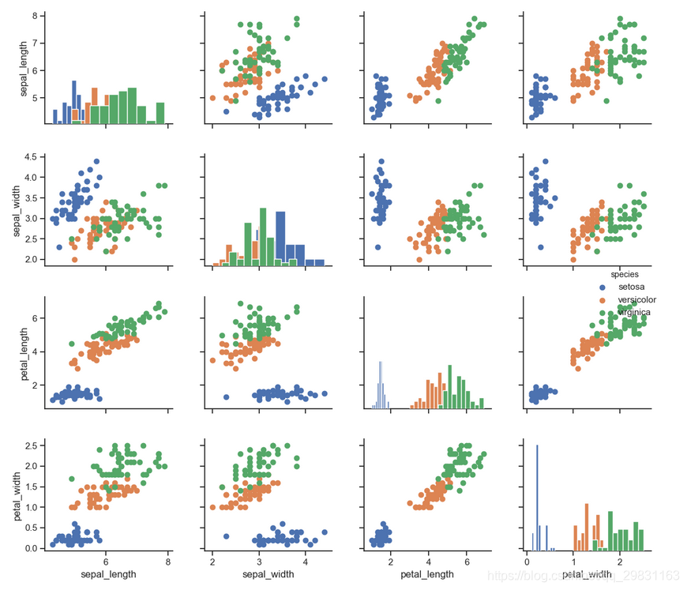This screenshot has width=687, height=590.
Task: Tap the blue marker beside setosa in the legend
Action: click(x=603, y=287)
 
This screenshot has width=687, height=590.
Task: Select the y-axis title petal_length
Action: click(x=24, y=351)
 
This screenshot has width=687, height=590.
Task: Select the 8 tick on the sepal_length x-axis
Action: click(x=168, y=561)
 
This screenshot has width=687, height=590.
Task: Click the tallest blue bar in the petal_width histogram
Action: click(x=538, y=498)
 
